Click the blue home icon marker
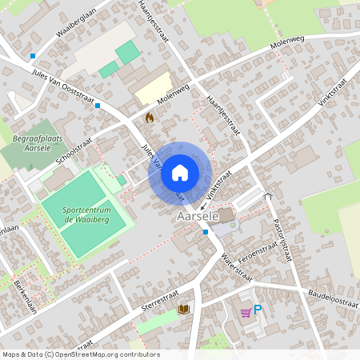(180, 172)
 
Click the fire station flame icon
(148, 118)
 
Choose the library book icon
(184, 309)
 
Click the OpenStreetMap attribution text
(80, 354)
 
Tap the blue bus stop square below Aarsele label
(206, 232)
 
